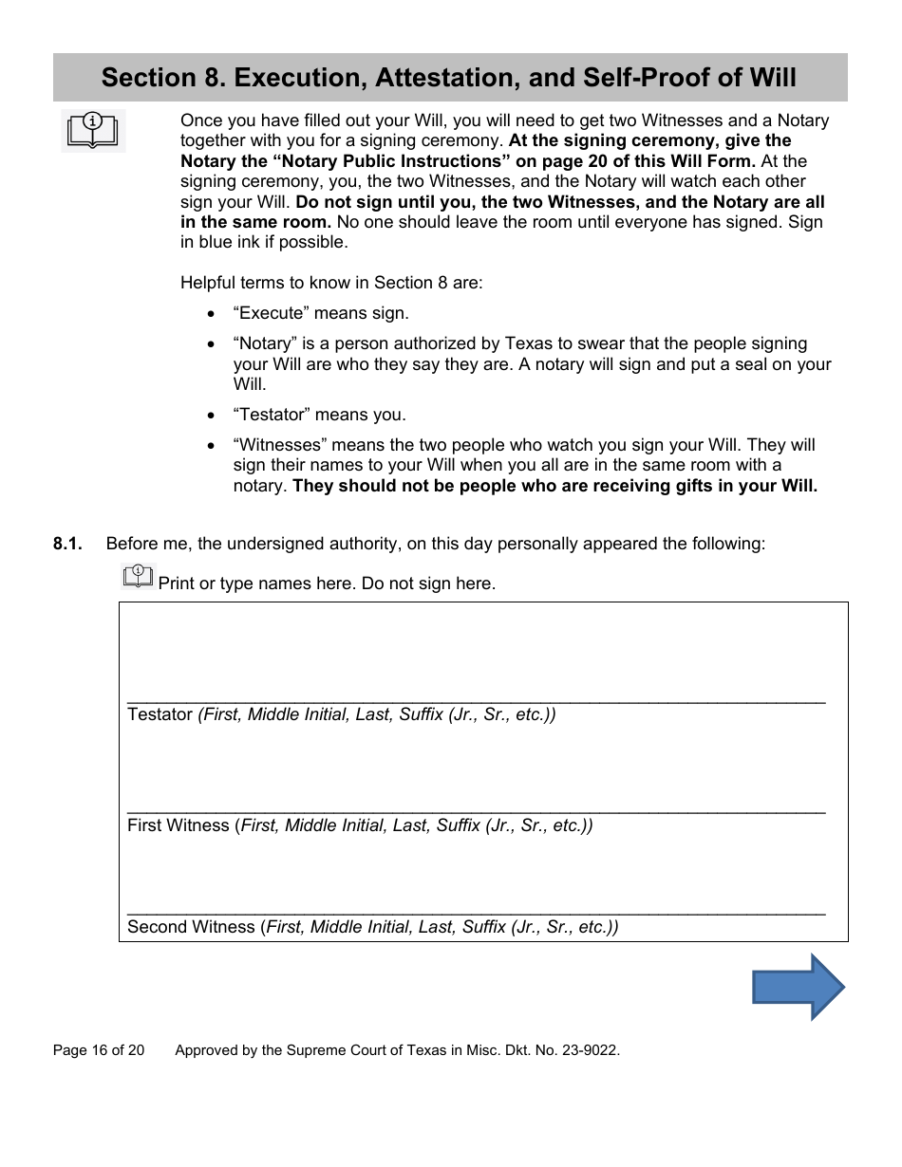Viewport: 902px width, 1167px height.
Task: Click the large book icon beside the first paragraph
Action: pyautogui.click(x=93, y=131)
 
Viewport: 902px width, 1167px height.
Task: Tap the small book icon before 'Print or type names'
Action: pyautogui.click(x=139, y=576)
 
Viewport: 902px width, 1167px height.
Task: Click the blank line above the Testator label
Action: pyautogui.click(x=475, y=698)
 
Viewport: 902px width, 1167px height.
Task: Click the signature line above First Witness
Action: pyautogui.click(x=475, y=809)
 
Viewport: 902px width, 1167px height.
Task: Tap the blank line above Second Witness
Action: pyautogui.click(x=475, y=911)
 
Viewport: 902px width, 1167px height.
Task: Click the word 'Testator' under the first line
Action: pyautogui.click(x=160, y=714)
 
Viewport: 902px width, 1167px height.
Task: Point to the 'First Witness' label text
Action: pyautogui.click(x=178, y=825)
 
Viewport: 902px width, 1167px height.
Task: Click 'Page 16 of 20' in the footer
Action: pyautogui.click(x=99, y=1050)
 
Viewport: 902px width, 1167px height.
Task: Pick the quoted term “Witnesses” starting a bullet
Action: pyautogui.click(x=274, y=445)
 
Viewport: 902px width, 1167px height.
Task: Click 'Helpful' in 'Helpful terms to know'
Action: pyautogui.click(x=208, y=283)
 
